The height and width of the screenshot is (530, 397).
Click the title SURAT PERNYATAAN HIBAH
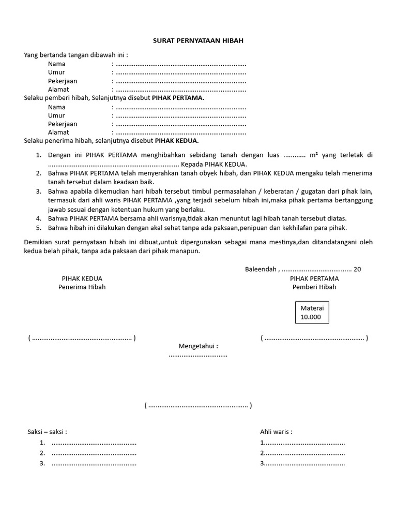click(198, 40)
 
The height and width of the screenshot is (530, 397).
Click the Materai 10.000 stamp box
click(312, 313)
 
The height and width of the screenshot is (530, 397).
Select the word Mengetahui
click(198, 346)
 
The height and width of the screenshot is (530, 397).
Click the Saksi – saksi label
click(47, 432)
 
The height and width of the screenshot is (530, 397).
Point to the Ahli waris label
click(276, 432)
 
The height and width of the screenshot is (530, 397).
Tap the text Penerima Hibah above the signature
click(82, 287)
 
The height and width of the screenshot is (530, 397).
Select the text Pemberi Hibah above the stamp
click(314, 287)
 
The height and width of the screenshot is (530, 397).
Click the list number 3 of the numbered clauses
click(38, 191)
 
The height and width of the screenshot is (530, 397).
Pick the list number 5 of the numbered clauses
click(38, 227)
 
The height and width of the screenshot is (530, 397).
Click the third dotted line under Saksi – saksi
click(94, 463)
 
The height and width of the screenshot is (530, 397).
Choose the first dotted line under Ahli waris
click(304, 443)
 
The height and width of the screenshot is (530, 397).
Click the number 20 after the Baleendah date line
click(357, 269)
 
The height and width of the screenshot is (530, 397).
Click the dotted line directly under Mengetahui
click(198, 355)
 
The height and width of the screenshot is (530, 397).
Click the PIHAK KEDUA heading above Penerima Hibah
click(82, 278)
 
